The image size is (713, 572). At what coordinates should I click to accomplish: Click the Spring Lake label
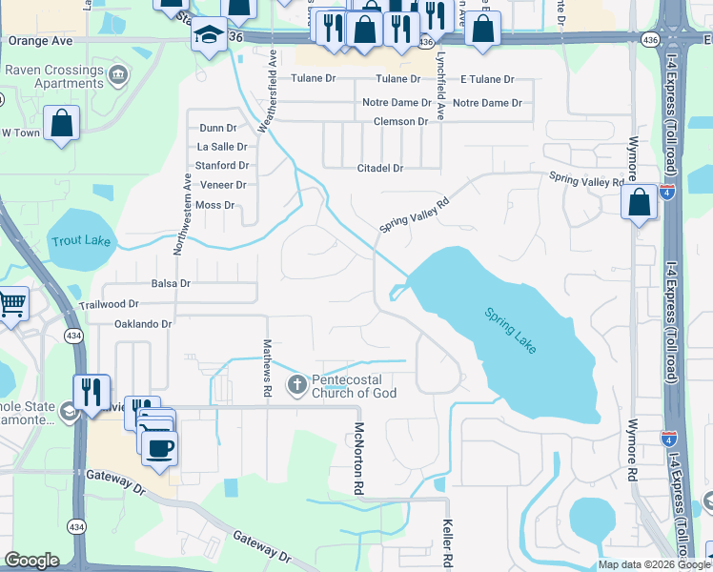(510, 331)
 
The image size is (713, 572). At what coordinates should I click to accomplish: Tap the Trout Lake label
(81, 242)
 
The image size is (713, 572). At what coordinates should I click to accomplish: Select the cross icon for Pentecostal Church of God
(296, 384)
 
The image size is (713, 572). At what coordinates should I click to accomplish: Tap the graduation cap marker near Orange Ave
(206, 37)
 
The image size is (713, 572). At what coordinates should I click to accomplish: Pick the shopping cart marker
(11, 303)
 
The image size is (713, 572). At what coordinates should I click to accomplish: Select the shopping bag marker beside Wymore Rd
(639, 202)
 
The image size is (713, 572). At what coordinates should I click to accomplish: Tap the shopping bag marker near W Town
(61, 123)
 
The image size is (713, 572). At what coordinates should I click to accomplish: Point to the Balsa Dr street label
(171, 284)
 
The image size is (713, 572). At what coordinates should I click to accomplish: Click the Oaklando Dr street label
(142, 324)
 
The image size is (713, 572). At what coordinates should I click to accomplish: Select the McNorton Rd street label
(359, 459)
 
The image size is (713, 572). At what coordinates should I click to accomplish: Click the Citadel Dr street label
(379, 168)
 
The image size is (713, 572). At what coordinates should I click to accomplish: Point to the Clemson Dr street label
(400, 122)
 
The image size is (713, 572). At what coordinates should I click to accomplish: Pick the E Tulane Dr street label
(486, 80)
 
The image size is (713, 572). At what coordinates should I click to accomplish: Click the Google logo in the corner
(31, 561)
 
